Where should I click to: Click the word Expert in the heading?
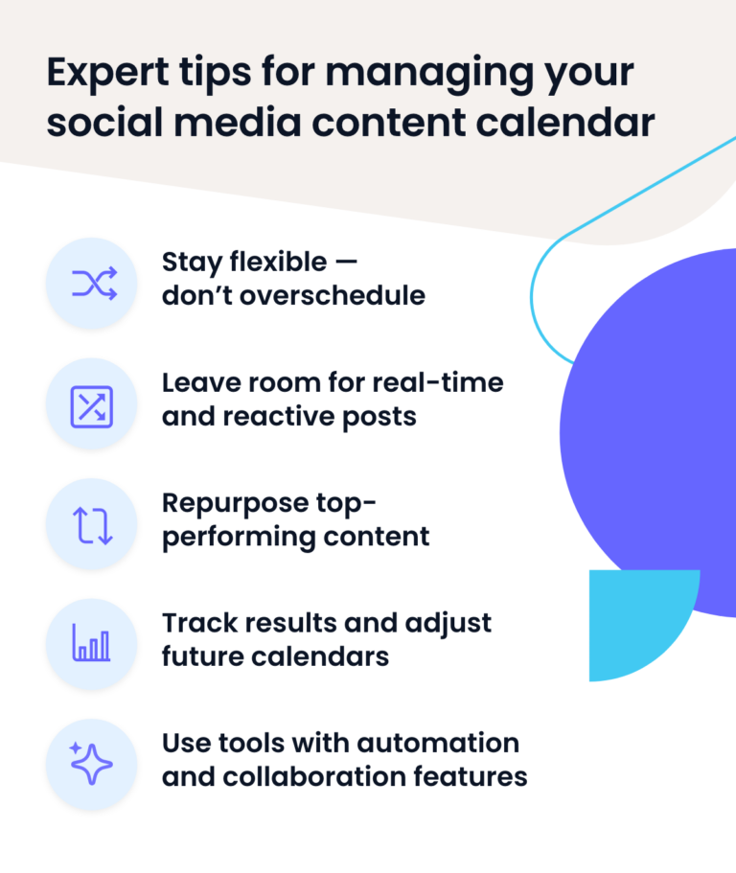pyautogui.click(x=108, y=74)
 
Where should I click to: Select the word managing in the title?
pyautogui.click(x=428, y=74)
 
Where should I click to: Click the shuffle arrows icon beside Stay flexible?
pyautogui.click(x=95, y=284)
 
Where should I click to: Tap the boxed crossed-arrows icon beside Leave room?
pyautogui.click(x=92, y=407)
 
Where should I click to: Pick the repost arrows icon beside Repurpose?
pyautogui.click(x=92, y=525)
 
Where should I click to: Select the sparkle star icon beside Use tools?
pyautogui.click(x=91, y=764)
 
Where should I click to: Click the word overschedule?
pyautogui.click(x=333, y=296)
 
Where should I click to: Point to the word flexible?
pyautogui.click(x=278, y=262)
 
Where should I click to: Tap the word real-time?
pyautogui.click(x=438, y=383)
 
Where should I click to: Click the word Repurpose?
pyautogui.click(x=236, y=504)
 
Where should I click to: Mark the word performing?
pyautogui.click(x=240, y=538)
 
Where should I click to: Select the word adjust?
pyautogui.click(x=448, y=624)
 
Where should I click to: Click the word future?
pyautogui.click(x=202, y=656)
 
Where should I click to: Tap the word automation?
pyautogui.click(x=438, y=744)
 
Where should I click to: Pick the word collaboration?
pyautogui.click(x=314, y=776)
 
